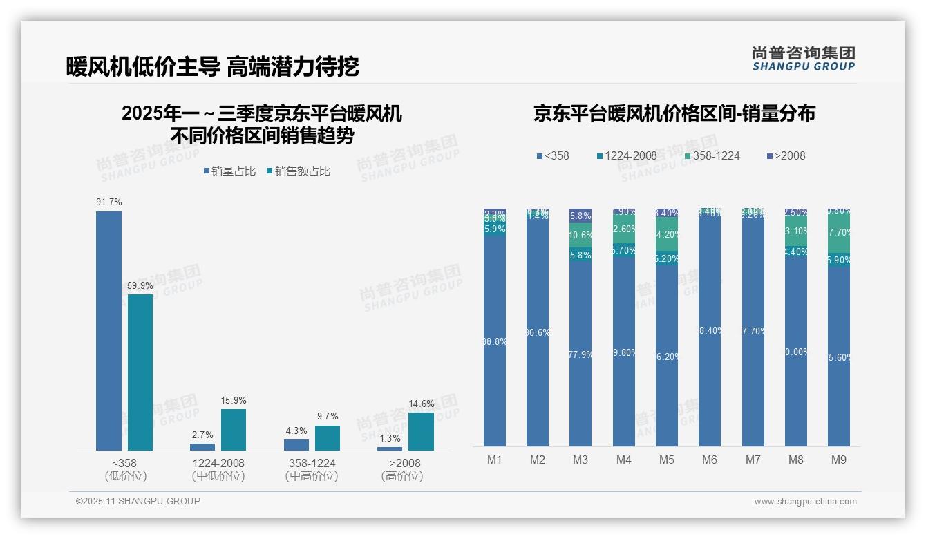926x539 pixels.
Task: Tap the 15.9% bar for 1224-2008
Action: pyautogui.click(x=234, y=429)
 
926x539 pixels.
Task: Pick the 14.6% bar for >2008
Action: pyautogui.click(x=421, y=431)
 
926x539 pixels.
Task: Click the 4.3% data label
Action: pyautogui.click(x=296, y=431)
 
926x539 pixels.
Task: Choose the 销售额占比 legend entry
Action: pyautogui.click(x=298, y=171)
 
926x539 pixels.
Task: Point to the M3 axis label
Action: pyautogui.click(x=580, y=460)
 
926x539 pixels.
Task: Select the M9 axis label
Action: pyautogui.click(x=839, y=460)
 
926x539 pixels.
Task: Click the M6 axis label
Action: pyautogui.click(x=710, y=460)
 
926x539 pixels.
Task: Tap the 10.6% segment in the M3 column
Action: pyautogui.click(x=580, y=235)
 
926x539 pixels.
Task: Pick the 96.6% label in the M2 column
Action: pyautogui.click(x=538, y=332)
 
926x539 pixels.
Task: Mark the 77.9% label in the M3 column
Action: pyautogui.click(x=580, y=354)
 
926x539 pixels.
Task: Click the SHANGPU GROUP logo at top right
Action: pyautogui.click(x=803, y=58)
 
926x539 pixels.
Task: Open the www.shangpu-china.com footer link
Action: pyautogui.click(x=805, y=502)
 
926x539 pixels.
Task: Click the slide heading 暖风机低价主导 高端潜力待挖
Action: pyautogui.click(x=212, y=66)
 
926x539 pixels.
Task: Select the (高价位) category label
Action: pyautogui.click(x=402, y=476)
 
